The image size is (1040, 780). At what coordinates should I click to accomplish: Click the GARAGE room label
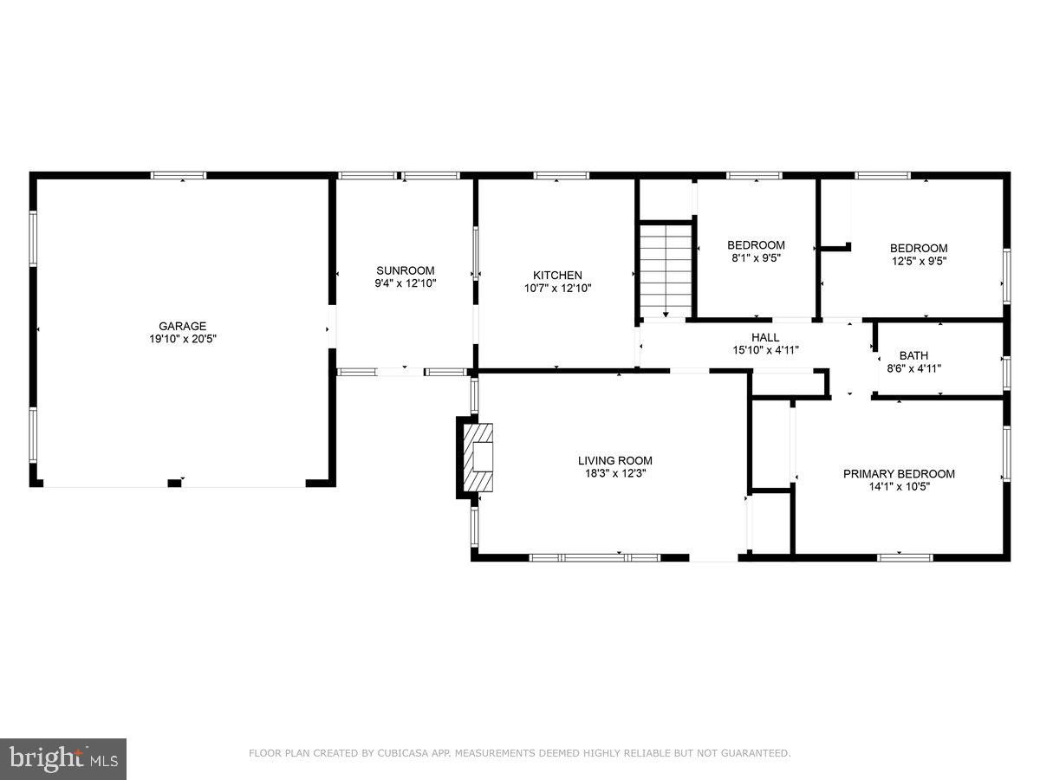pyautogui.click(x=182, y=327)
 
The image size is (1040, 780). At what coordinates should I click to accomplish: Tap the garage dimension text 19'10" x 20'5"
pyautogui.click(x=182, y=340)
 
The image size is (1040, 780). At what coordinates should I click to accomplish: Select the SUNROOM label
pyautogui.click(x=405, y=270)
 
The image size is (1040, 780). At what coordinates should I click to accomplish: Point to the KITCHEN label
pyautogui.click(x=557, y=276)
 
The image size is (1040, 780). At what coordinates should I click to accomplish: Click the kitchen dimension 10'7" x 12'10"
pyautogui.click(x=557, y=289)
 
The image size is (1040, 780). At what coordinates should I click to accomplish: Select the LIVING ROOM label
pyautogui.click(x=614, y=460)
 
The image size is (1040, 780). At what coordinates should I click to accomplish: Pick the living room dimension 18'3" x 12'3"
pyautogui.click(x=614, y=473)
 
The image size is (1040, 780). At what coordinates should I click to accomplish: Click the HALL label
pyautogui.click(x=764, y=337)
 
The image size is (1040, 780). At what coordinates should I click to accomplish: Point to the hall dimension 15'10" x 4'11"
pyautogui.click(x=764, y=350)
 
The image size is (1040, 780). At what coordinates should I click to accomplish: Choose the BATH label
pyautogui.click(x=913, y=355)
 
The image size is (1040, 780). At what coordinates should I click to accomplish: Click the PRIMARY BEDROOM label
pyautogui.click(x=899, y=473)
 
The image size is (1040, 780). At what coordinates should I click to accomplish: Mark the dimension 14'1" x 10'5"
pyautogui.click(x=899, y=486)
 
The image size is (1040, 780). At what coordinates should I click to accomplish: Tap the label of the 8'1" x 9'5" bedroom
pyautogui.click(x=756, y=245)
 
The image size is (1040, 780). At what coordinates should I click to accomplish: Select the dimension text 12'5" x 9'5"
pyautogui.click(x=919, y=261)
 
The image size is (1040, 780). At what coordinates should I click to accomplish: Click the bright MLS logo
pyautogui.click(x=63, y=758)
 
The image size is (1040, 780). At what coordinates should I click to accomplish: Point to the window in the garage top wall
pyautogui.click(x=179, y=175)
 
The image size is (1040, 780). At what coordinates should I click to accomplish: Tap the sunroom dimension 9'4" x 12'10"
pyautogui.click(x=405, y=283)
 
